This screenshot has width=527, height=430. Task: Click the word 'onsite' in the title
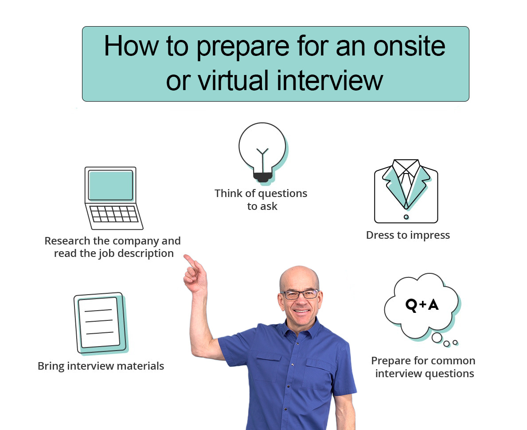410,46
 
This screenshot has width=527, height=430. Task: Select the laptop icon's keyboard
115,214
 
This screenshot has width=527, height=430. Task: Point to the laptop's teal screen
110,185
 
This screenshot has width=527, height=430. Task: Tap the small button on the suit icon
406,217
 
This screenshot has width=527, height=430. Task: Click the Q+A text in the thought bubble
422,305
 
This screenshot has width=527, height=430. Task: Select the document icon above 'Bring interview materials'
101,323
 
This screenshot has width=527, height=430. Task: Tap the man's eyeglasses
300,294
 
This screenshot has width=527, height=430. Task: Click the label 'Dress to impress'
408,235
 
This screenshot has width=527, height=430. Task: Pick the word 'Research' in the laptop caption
67,241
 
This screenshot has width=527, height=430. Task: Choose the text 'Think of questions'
261,193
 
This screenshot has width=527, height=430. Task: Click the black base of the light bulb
263,177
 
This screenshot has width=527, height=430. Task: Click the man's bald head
299,276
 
